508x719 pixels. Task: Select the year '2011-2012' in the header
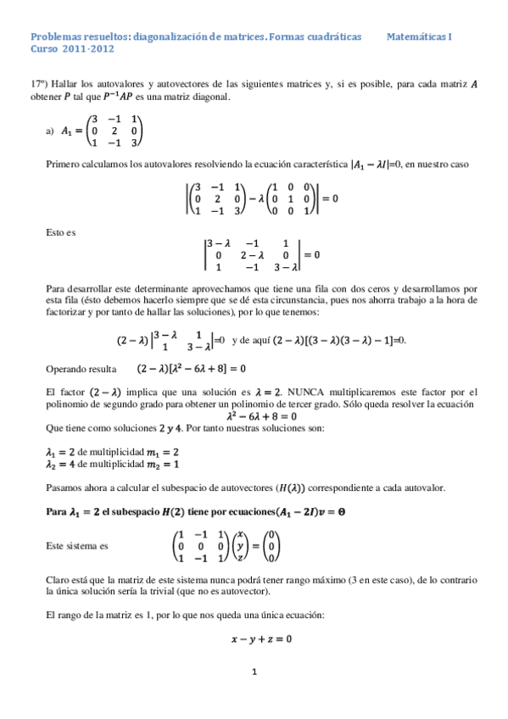(x=88, y=50)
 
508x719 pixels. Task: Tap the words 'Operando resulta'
(x=79, y=370)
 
